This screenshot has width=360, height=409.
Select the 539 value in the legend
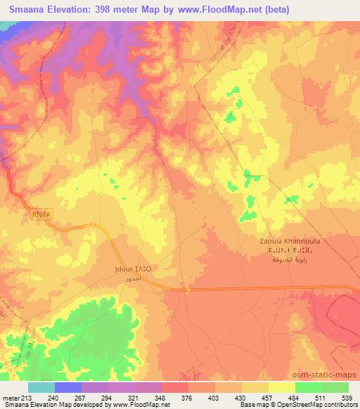[x=348, y=397]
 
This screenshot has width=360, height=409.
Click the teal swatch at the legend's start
[x=41, y=387]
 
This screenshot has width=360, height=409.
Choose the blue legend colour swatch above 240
[x=68, y=387]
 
